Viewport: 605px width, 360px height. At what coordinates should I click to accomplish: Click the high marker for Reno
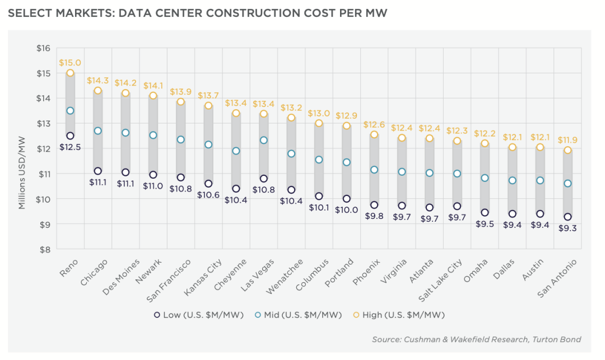point(70,73)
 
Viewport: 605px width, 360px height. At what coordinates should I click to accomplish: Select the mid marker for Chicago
point(97,130)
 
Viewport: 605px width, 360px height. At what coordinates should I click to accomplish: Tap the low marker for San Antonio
point(567,217)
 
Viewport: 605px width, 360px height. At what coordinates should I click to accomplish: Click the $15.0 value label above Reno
point(70,63)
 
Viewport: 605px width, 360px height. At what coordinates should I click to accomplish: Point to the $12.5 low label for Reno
point(70,147)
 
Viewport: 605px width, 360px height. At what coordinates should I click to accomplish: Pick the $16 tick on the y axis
point(43,48)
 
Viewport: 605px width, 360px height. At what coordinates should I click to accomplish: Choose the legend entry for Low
point(199,315)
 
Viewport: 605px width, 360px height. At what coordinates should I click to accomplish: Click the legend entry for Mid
point(297,315)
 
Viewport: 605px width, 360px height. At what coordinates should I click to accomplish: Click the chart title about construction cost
point(197,12)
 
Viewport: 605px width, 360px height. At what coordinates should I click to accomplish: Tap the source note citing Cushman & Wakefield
point(476,339)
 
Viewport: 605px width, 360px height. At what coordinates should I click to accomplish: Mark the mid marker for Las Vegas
point(263,140)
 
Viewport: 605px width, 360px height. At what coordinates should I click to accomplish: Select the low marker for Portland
point(346,199)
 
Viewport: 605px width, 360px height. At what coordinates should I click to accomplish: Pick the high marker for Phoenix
point(374,134)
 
